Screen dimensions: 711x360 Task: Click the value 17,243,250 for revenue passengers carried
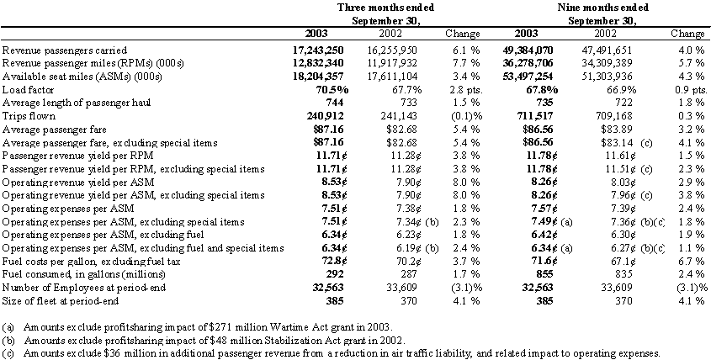click(x=318, y=50)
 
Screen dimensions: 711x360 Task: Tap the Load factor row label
click(x=28, y=90)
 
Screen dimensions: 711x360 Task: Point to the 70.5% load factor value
click(x=332, y=90)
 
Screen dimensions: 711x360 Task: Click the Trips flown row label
click(x=29, y=116)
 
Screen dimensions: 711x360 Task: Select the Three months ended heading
click(x=385, y=8)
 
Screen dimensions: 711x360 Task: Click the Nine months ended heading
click(x=602, y=8)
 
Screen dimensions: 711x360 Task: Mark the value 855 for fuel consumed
click(x=544, y=274)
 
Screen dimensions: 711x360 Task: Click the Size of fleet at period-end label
click(x=61, y=300)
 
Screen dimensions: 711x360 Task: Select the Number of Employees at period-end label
click(x=84, y=288)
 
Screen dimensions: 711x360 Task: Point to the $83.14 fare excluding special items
click(x=615, y=143)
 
